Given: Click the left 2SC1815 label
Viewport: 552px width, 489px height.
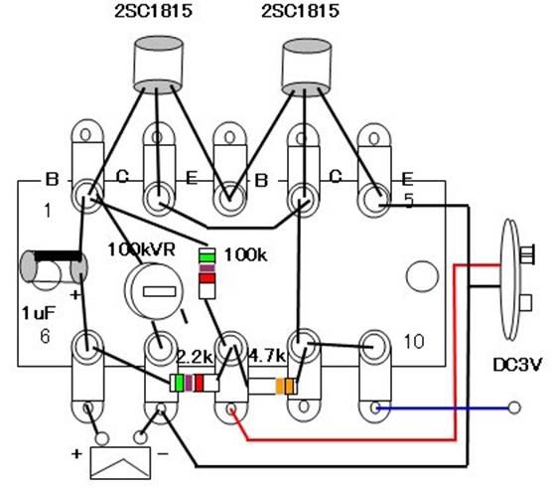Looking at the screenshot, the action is pos(154,11).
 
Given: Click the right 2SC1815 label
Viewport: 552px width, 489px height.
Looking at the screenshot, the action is pos(300,11).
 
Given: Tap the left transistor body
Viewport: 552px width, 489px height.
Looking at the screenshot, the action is pos(159,65).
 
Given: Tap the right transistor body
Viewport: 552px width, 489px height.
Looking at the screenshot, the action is pos(307,68).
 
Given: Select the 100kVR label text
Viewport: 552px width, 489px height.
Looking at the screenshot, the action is pos(141,249).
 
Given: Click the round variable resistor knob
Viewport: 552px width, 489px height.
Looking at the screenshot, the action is pos(154,291).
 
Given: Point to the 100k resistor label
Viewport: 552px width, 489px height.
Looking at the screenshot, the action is pos(246,254).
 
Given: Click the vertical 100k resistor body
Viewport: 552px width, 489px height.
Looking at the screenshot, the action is pos(207,273).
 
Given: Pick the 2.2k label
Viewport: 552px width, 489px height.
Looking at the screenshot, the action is pos(195,357).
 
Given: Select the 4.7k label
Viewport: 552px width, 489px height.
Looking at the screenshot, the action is pos(266,356).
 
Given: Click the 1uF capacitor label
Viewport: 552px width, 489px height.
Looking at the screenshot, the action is pos(39,313).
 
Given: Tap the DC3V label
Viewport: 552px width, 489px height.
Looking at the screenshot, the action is pos(517,365).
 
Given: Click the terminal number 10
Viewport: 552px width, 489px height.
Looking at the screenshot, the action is pos(414,341).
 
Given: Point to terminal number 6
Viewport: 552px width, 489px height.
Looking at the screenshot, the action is pos(45,337).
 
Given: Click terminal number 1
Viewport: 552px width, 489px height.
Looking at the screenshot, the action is pos(48,211).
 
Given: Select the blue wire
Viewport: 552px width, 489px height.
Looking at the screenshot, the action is pos(443,408).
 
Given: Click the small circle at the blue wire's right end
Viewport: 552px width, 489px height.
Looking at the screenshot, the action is pos(514,407).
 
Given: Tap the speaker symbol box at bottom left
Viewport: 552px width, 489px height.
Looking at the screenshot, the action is pos(121,463).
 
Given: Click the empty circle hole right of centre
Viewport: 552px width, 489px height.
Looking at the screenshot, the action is pos(422,276).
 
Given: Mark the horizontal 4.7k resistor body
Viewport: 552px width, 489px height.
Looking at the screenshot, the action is pos(272,386).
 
